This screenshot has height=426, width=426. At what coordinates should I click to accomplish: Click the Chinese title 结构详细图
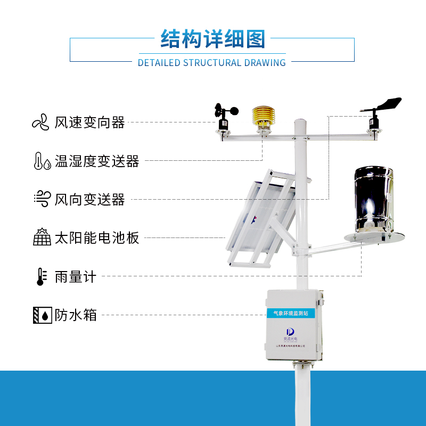(x=212, y=39)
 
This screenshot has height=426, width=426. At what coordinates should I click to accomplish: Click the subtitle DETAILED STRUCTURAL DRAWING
(x=212, y=63)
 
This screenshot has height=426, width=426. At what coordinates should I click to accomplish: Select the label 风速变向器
(x=89, y=122)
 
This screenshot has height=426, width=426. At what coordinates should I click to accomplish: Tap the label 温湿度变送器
(x=96, y=161)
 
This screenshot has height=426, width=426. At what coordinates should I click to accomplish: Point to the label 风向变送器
(x=89, y=200)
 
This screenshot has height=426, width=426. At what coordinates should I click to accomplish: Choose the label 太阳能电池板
(x=96, y=237)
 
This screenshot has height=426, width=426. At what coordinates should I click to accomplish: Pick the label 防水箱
(x=75, y=315)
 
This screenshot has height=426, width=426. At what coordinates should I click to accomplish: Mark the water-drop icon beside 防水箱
(x=42, y=315)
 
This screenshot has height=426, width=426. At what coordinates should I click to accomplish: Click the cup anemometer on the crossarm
(x=223, y=115)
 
